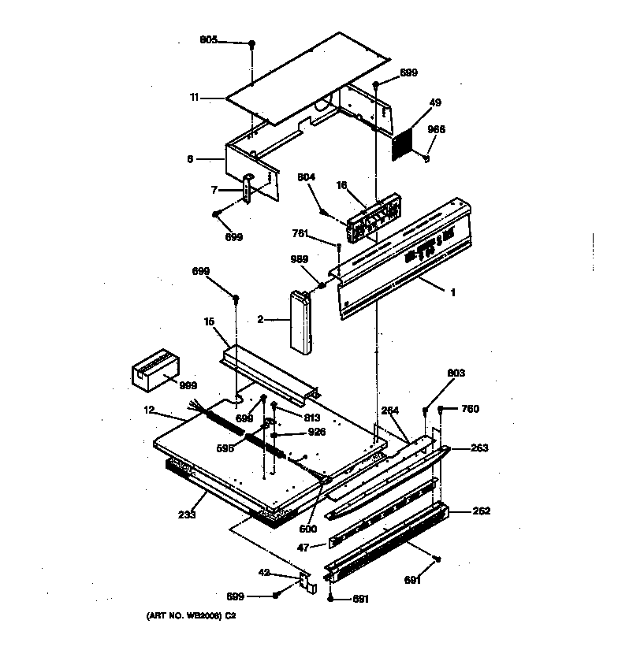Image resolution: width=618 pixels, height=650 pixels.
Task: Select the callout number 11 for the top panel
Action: coord(194,98)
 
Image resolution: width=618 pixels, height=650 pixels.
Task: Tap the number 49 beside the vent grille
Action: coord(435,102)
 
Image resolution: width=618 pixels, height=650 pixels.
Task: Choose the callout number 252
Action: coord(482,511)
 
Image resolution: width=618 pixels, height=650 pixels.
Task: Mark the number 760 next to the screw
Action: coord(470,408)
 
